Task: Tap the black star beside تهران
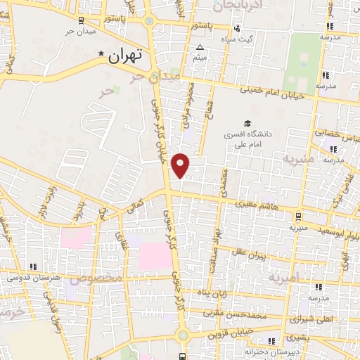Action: pyautogui.click(x=103, y=53)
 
